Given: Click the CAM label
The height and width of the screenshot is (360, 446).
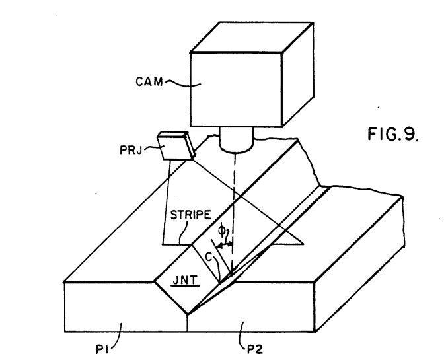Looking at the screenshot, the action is [149, 82].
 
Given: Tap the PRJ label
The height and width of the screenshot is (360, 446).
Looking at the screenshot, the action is [131, 150].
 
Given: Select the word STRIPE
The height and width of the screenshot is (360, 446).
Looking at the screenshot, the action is [190, 215].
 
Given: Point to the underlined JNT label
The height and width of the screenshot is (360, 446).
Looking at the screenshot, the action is [185, 281].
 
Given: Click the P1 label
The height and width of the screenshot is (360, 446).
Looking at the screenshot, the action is [101, 349].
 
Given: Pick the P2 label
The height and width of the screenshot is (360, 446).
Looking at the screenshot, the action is [255, 349].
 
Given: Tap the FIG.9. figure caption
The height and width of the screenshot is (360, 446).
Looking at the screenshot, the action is [393, 134].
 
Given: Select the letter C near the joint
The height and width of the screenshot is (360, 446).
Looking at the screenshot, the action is [209, 258].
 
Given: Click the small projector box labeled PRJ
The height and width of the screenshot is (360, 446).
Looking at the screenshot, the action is [176, 145].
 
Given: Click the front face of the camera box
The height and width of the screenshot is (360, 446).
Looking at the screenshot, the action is [236, 89].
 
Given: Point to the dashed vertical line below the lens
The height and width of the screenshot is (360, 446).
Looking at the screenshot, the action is [234, 213].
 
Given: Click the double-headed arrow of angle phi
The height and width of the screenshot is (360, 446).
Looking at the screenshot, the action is [225, 245].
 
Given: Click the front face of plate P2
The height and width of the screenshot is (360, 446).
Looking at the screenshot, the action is [251, 306].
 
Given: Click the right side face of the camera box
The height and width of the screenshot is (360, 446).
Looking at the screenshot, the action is [298, 75].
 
